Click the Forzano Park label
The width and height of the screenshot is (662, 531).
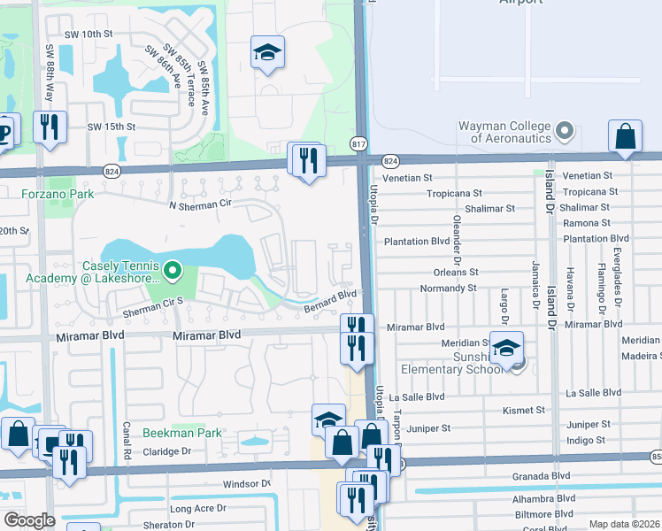[x=58, y=193]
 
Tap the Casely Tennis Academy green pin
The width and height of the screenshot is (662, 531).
[x=173, y=269]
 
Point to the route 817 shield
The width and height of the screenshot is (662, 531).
[x=358, y=143]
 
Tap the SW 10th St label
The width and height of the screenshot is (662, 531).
[x=89, y=34]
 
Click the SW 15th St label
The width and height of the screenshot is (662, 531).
[x=111, y=127]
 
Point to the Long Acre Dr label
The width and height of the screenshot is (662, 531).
[x=198, y=508]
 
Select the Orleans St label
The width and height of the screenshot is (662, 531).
[x=456, y=273]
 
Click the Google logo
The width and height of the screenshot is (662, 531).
[x=29, y=520]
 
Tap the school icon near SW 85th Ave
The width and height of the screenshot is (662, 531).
[x=266, y=53]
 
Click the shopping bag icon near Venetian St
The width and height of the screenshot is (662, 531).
[x=625, y=137]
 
